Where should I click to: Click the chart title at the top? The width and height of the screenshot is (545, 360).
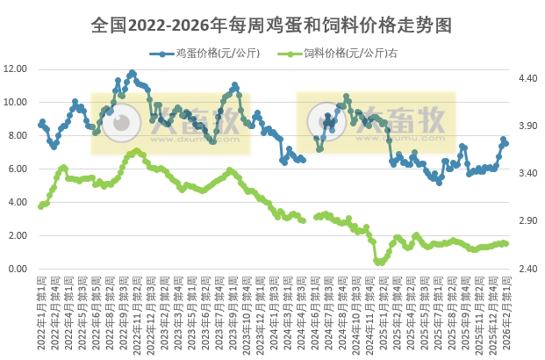click(272, 25)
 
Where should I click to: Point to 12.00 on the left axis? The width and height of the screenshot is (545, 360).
click(16, 68)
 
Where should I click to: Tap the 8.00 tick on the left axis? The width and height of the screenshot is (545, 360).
click(18, 135)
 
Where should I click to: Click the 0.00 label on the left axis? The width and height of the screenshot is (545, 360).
click(18, 269)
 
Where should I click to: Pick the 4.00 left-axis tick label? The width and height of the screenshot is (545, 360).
click(18, 202)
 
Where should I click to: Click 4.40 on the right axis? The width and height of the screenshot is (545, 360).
click(527, 79)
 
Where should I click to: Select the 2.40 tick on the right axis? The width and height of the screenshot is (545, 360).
click(527, 269)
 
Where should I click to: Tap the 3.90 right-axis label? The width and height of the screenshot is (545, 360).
click(527, 126)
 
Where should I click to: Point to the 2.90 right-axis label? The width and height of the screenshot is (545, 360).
click(527, 221)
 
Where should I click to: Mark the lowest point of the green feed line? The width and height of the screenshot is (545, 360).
click(378, 263)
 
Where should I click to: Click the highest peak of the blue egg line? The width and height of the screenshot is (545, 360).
click(133, 73)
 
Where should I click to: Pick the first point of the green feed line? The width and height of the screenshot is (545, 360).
click(39, 206)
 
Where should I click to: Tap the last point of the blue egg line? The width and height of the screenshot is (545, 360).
click(506, 143)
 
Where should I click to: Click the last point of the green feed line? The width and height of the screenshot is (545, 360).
click(506, 243)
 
